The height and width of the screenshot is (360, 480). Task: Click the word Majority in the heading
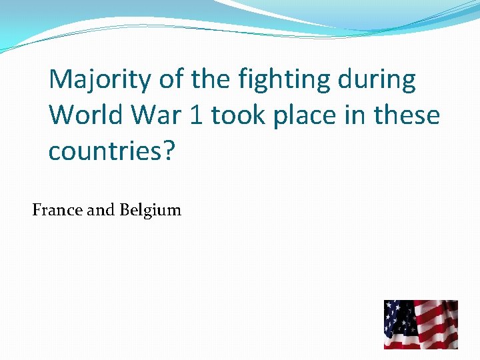pos(101,80)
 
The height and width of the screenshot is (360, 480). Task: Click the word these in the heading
pos(407,115)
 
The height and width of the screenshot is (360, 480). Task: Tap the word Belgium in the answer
pos(151,211)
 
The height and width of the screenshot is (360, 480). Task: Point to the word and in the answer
pos(101,211)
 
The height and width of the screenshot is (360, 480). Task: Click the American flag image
pos(421,324)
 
